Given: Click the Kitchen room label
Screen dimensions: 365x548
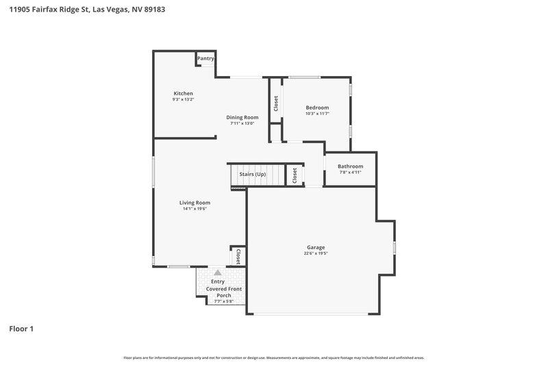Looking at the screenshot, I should tap(183, 93).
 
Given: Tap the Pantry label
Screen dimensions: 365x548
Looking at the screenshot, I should tap(206, 58).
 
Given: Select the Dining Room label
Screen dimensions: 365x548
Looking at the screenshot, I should tap(242, 117).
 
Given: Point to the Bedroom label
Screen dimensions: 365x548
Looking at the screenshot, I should tap(317, 108).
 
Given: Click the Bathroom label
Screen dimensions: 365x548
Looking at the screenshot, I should tap(350, 166).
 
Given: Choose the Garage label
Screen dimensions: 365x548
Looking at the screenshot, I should tap(316, 247).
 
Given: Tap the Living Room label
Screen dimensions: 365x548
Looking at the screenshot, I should tap(195, 203).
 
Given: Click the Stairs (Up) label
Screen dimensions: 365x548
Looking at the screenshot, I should tap(252, 175).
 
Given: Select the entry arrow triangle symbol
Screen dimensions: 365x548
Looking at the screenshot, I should tap(218, 273).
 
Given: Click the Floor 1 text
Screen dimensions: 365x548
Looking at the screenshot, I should tap(21, 329).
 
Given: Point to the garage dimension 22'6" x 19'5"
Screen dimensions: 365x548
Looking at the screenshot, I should tap(316, 253).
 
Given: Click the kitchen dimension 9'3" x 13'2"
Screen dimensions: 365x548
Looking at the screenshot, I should tap(183, 100).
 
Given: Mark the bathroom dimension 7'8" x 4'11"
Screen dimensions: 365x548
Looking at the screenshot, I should tap(350, 173).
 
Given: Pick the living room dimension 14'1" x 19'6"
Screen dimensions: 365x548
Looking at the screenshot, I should tap(195, 209).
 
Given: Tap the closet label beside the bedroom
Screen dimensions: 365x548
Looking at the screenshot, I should tap(275, 103).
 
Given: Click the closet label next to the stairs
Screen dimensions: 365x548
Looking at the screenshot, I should tap(295, 175).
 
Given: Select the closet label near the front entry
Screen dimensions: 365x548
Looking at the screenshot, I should tap(238, 257).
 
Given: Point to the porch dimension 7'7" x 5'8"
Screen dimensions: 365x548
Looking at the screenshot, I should tap(223, 301).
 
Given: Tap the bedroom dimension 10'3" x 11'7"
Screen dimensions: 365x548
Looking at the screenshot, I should tap(317, 114).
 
